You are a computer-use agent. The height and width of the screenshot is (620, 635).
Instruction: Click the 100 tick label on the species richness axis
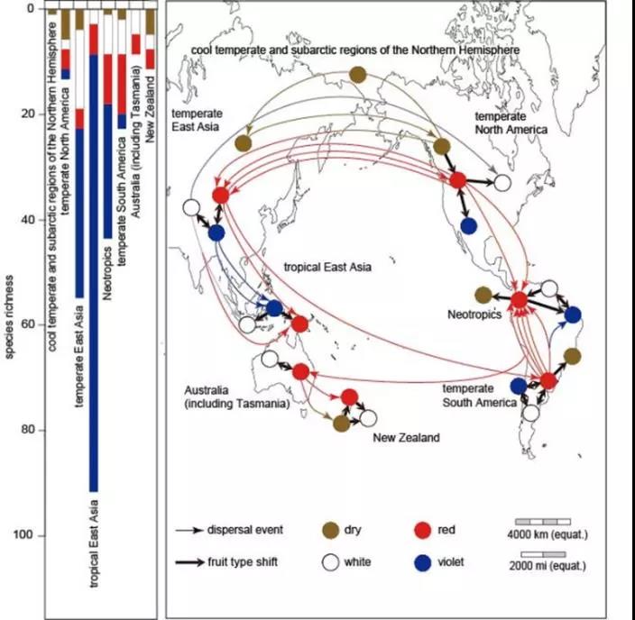tap(23, 534)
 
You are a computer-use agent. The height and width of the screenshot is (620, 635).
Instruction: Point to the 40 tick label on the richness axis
tap(26, 219)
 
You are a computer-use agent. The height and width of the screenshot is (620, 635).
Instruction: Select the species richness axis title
tap(10, 317)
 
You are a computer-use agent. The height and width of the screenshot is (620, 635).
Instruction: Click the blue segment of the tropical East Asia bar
tap(94, 273)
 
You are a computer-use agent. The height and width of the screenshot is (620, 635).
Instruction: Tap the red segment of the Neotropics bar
tap(107, 79)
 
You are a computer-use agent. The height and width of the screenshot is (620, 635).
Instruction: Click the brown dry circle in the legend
tap(330, 530)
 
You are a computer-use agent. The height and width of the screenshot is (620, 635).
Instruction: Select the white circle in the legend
tap(330, 562)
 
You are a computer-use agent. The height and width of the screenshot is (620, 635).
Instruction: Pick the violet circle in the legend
tap(423, 562)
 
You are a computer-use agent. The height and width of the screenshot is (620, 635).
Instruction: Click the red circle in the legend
tap(423, 530)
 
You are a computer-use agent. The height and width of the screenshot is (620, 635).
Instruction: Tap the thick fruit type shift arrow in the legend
tap(190, 562)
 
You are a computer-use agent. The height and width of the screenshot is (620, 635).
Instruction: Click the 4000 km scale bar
tap(543, 522)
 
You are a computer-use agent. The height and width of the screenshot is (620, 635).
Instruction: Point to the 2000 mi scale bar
tap(543, 554)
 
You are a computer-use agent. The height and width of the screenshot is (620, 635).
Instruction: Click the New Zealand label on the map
tap(406, 437)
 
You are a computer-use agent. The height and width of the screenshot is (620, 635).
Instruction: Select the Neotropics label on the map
tap(474, 315)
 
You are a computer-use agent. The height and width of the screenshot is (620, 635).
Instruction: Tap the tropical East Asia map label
tap(327, 267)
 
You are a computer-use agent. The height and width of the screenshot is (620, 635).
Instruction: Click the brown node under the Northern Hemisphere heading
tap(357, 75)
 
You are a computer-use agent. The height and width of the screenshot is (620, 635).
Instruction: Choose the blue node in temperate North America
tap(468, 226)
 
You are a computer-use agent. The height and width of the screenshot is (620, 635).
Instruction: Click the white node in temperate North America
tap(502, 183)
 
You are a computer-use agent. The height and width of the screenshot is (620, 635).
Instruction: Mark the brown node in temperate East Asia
tap(243, 143)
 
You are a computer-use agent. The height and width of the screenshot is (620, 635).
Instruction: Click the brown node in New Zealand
tap(341, 424)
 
